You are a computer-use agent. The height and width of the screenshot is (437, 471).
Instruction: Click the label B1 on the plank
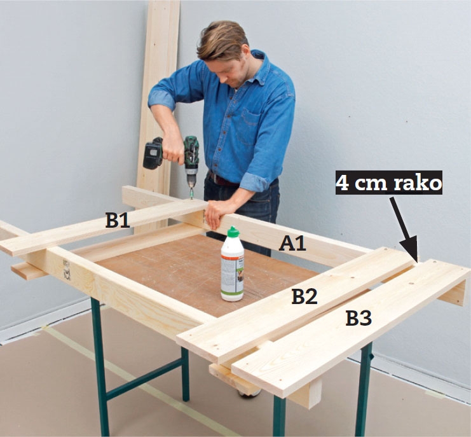click(118, 220)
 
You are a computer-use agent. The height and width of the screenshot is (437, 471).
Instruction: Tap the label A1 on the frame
click(292, 243)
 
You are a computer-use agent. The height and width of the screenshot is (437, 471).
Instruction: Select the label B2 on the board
click(304, 296)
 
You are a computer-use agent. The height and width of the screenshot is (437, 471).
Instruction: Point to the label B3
click(358, 319)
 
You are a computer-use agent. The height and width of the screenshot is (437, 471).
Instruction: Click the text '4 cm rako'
click(389, 183)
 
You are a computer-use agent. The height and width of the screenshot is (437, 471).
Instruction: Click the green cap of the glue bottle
click(233, 232)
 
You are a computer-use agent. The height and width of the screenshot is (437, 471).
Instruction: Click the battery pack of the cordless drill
click(153, 153)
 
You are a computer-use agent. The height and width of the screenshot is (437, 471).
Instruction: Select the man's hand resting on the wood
click(219, 212)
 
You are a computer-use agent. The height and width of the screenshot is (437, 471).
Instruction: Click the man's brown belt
click(222, 179)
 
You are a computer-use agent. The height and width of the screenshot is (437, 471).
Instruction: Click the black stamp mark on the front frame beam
click(66, 270)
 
